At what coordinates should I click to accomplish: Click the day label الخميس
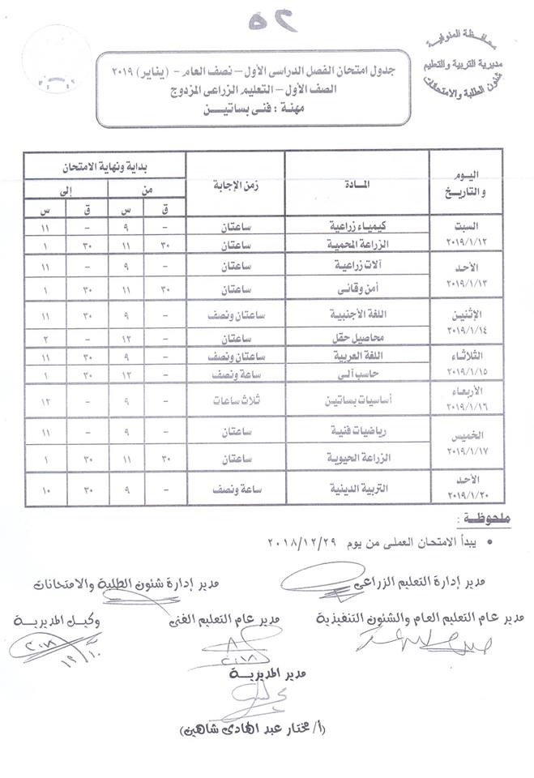(x=471, y=436)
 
